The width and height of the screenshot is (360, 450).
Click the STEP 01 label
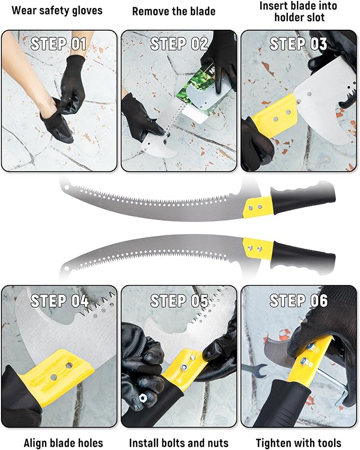(x=58, y=43)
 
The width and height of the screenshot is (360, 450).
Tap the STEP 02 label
(x=179, y=43)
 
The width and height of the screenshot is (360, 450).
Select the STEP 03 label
(x=298, y=43)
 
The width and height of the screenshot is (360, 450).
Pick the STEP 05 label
(x=179, y=301)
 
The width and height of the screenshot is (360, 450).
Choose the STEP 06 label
(x=298, y=301)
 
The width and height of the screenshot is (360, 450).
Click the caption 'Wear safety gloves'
(x=57, y=10)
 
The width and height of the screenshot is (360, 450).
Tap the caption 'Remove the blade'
(x=174, y=11)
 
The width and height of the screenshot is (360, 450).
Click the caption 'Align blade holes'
(x=63, y=443)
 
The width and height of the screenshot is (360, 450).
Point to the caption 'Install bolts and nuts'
(x=179, y=443)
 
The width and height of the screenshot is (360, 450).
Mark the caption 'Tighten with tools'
(x=298, y=443)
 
